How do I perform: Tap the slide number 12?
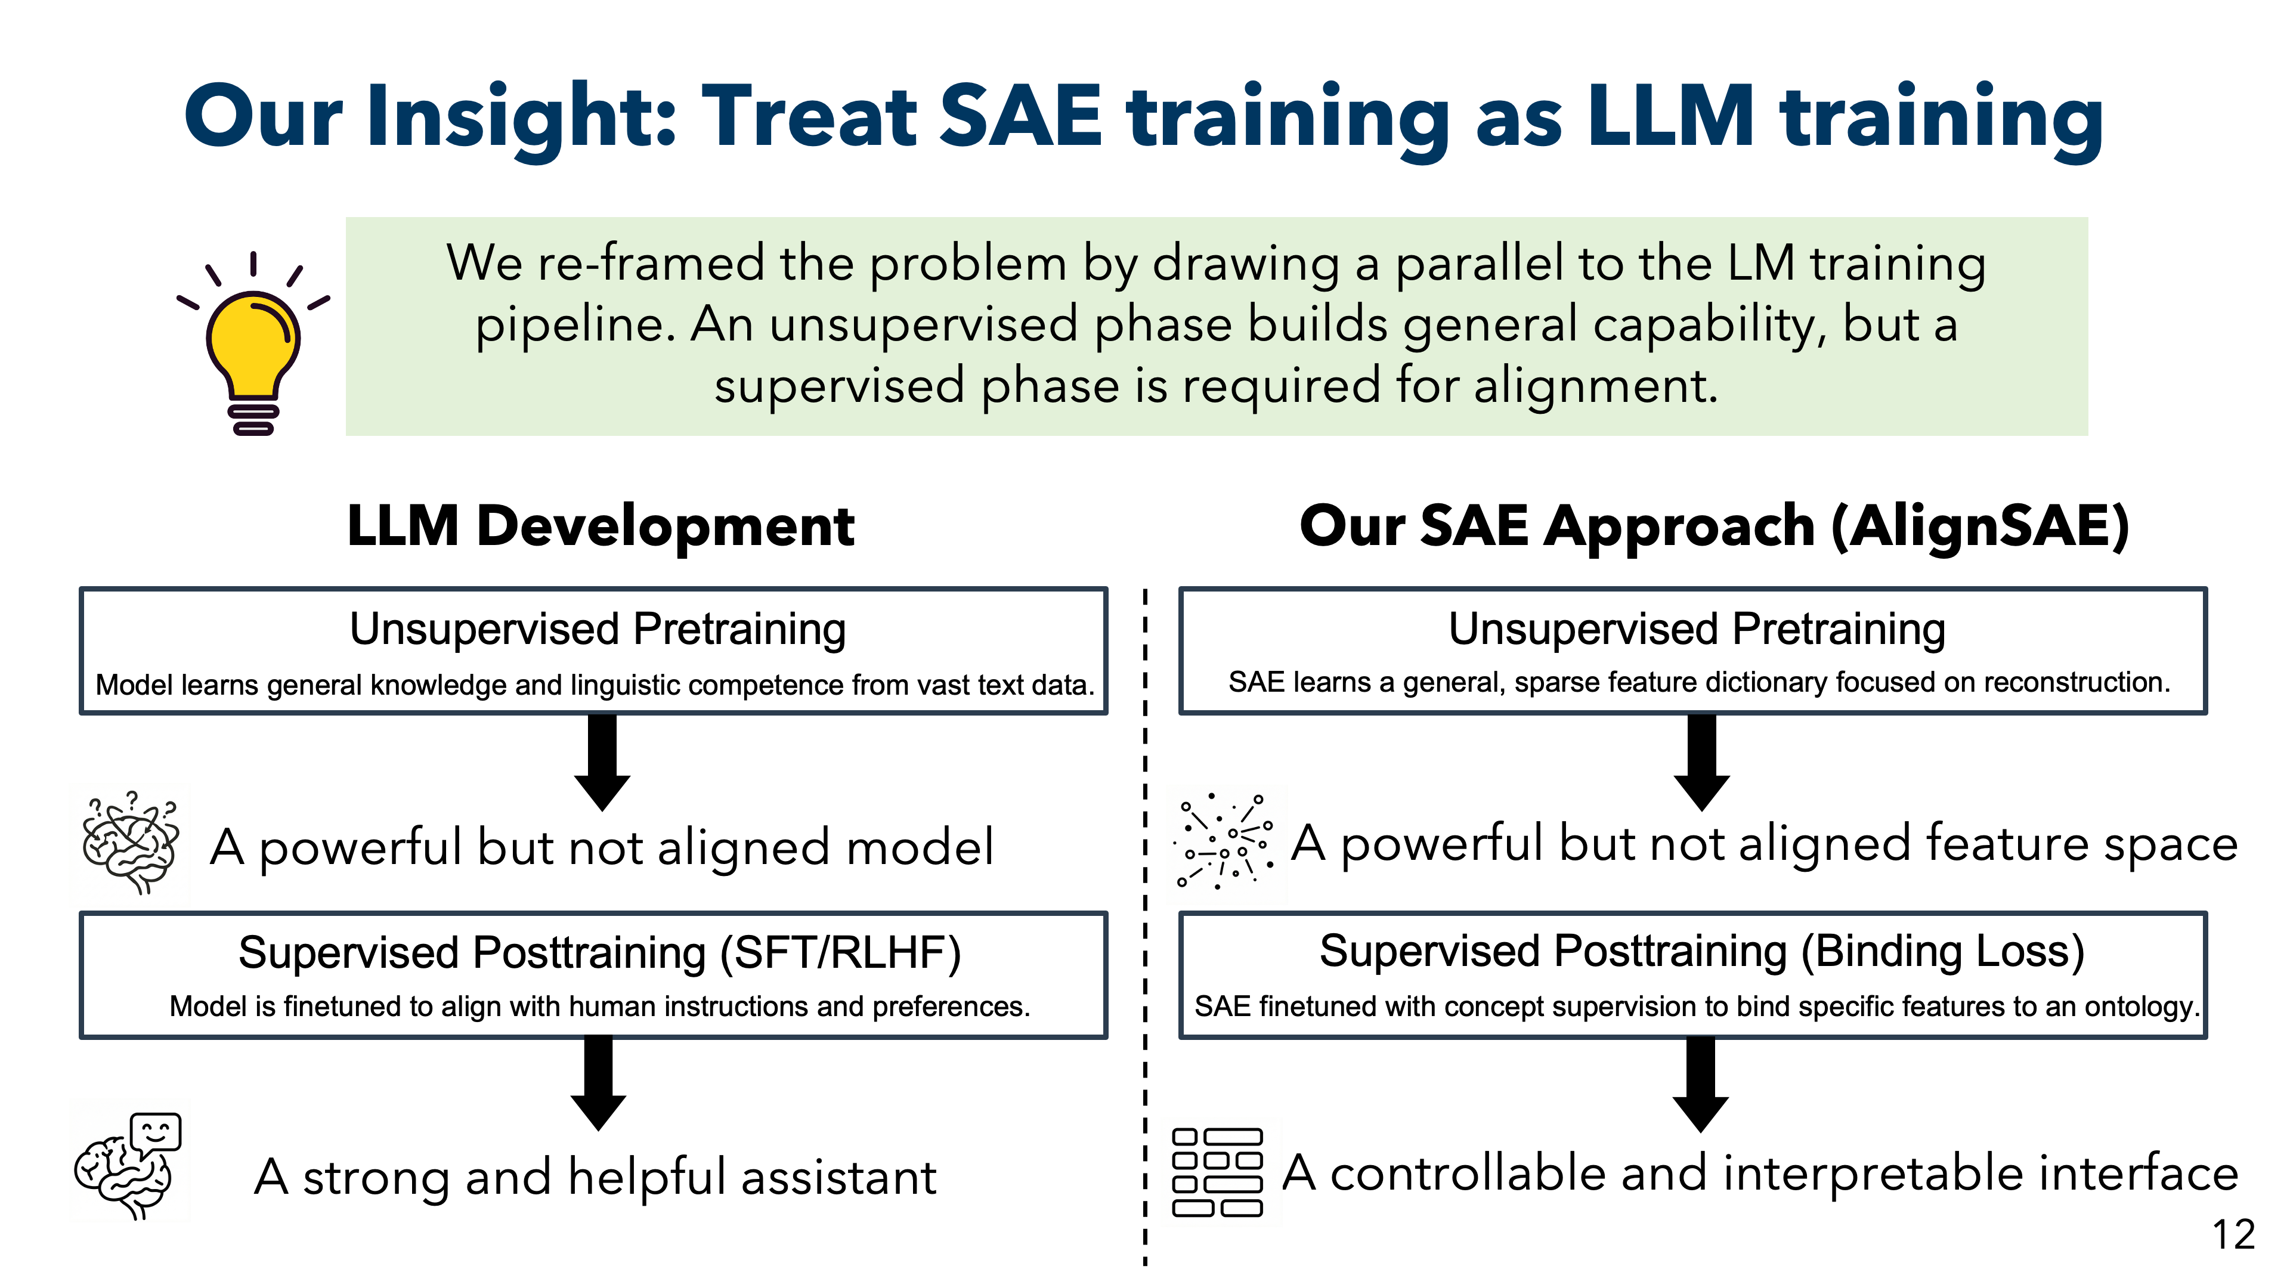coord(2232,1235)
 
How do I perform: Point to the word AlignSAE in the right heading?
coord(1979,525)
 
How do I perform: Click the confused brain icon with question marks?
coord(131,843)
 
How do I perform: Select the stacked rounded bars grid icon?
coord(1217,1172)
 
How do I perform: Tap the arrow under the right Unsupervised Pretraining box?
coord(1701,763)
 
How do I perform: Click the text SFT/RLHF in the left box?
coord(840,954)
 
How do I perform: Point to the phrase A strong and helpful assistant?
coord(595,1177)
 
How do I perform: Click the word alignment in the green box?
coord(1595,386)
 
